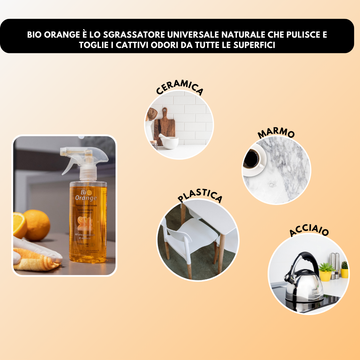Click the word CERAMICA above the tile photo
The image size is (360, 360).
[180, 89]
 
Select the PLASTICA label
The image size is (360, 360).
[200, 197]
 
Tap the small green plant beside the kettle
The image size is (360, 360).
[337, 268]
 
